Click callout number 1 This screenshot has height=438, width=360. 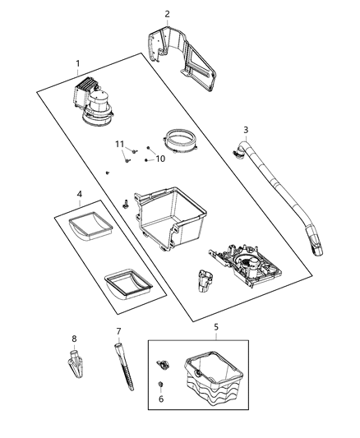(79, 63)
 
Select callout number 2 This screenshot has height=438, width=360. (167, 14)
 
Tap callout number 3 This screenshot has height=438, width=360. (245, 130)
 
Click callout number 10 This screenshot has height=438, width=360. (160, 158)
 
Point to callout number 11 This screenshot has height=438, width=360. (119, 144)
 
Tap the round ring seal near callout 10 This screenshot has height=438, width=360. (181, 141)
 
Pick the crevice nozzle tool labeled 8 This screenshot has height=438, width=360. (74, 362)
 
